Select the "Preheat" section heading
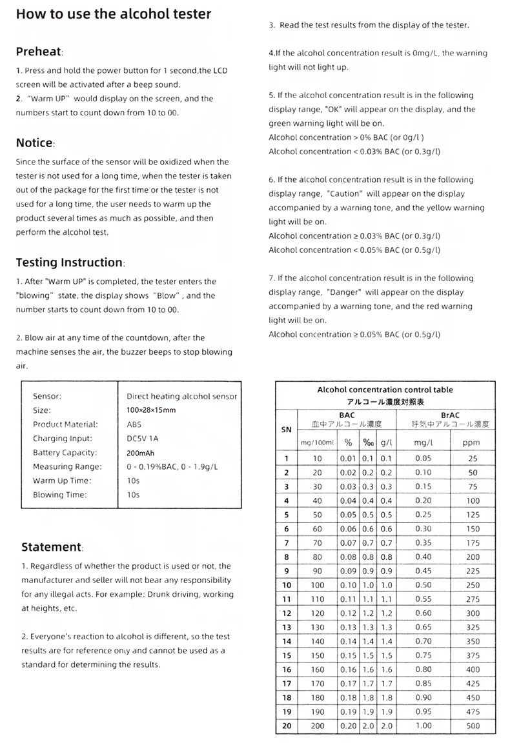pyautogui.click(x=39, y=52)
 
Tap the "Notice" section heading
pyautogui.click(x=34, y=143)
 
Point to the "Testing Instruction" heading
pyautogui.click(x=69, y=263)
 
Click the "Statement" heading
pyautogui.click(x=51, y=547)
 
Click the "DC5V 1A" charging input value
pyautogui.click(x=143, y=439)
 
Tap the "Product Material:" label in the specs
pyautogui.click(x=65, y=424)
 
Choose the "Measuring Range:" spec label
pyautogui.click(x=67, y=467)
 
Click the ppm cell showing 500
pyautogui.click(x=473, y=726)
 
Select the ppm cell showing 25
pyautogui.click(x=473, y=459)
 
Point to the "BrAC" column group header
pyautogui.click(x=449, y=415)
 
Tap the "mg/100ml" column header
pyautogui.click(x=317, y=443)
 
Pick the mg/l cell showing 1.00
pyautogui.click(x=423, y=726)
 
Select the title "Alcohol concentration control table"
pyautogui.click(x=385, y=390)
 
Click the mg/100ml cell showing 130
pyautogui.click(x=317, y=627)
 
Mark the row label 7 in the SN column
pyautogui.click(x=286, y=543)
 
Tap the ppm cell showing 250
pyautogui.click(x=473, y=585)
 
